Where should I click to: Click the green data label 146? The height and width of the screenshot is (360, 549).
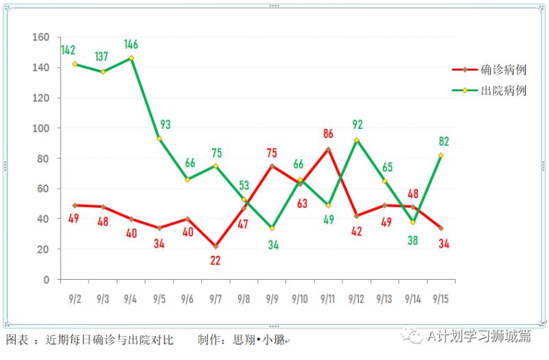point(131,45)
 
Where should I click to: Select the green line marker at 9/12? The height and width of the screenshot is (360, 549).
point(356,141)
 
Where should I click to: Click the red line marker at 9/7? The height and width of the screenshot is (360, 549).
point(215,246)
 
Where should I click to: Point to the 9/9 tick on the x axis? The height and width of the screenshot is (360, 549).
point(272,299)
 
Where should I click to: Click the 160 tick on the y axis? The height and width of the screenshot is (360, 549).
point(42,38)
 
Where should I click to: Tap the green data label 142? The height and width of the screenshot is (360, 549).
point(68,50)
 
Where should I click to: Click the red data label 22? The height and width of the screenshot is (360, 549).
point(215,261)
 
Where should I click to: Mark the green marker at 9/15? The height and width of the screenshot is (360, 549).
point(441,156)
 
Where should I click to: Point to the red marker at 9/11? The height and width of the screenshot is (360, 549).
point(328,149)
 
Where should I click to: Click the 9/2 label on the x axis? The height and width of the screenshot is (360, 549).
point(75,299)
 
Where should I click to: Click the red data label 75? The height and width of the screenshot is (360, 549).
point(271,152)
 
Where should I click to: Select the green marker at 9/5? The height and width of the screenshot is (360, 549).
point(159,139)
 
